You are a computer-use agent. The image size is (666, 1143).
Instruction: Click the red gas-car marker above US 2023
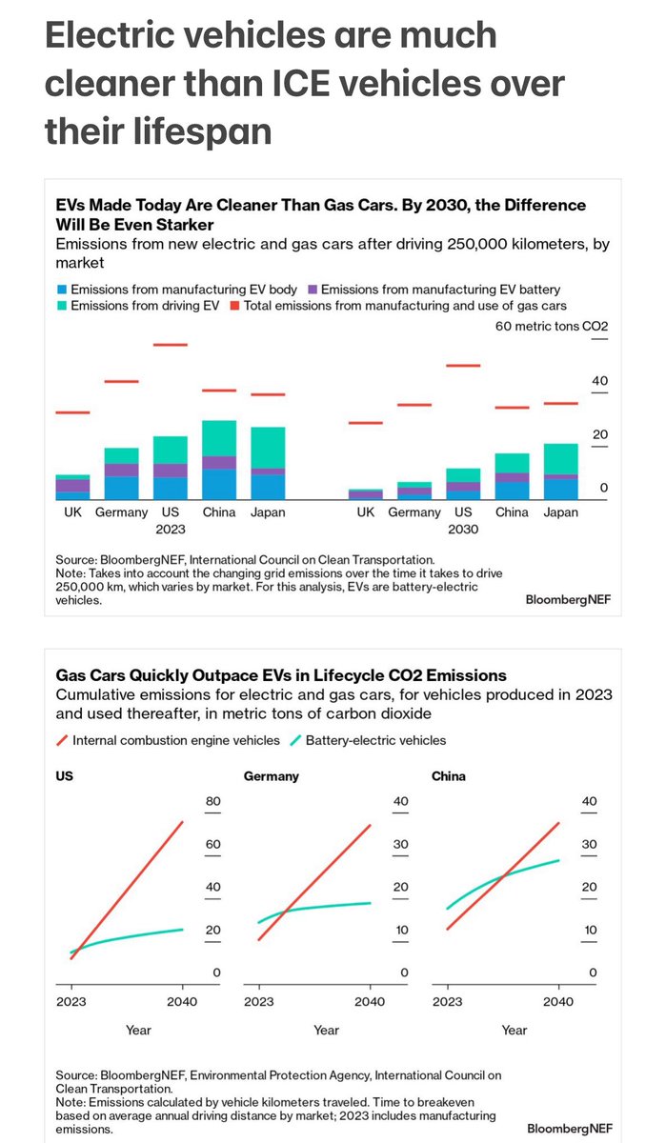pos(171,345)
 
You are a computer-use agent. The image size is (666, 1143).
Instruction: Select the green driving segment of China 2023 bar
pos(219,438)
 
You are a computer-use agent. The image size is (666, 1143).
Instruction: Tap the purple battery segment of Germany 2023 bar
pos(122,470)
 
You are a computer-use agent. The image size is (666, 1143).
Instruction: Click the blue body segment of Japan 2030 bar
pos(561,489)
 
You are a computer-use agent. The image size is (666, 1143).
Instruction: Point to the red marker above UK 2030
pos(366,423)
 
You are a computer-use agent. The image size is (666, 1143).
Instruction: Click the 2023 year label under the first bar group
pos(171,528)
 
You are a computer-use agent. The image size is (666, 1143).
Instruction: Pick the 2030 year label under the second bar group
pos(463,528)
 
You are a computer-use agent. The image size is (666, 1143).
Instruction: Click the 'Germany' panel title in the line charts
pos(272,776)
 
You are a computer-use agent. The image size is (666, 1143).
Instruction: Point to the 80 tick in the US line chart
pos(213,801)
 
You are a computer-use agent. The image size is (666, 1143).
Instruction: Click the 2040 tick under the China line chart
pos(558,1001)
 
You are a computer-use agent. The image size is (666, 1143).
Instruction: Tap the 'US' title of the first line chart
pos(65,776)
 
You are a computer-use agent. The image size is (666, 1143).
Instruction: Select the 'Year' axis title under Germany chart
pos(326,1030)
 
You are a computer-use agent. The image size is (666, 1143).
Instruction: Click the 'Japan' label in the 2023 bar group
pos(268,512)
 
